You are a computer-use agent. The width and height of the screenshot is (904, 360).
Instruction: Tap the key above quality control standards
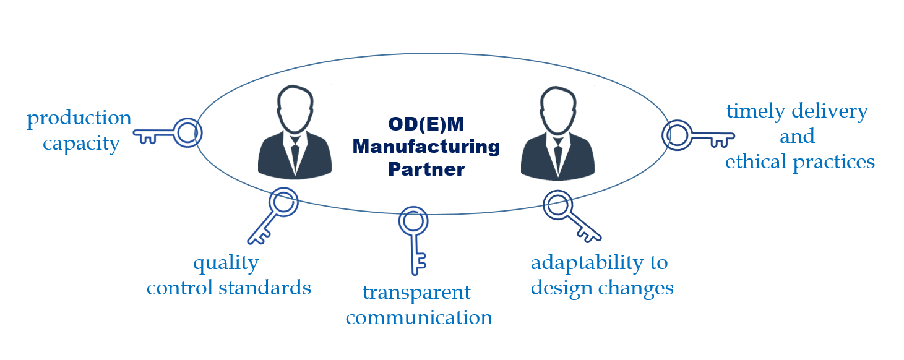tap(273, 216)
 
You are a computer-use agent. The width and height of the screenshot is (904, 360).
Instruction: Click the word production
tap(79, 118)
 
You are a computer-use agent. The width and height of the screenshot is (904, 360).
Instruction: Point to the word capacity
tap(81, 144)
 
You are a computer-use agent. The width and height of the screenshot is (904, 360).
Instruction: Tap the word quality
tap(225, 263)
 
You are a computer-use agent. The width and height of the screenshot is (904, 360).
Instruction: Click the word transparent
tap(416, 292)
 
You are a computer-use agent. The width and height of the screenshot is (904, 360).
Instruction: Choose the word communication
tap(419, 318)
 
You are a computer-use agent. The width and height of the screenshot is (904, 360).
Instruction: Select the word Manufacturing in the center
tap(426, 147)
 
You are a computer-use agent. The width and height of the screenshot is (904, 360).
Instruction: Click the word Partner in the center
tap(426, 169)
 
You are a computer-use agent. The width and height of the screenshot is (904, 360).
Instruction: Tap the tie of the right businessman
tap(558, 155)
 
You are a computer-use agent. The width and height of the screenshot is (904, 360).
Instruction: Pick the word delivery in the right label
tap(833, 111)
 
